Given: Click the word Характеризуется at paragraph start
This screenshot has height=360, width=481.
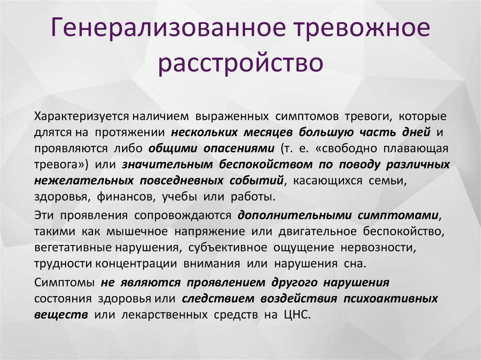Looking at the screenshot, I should click(81, 115).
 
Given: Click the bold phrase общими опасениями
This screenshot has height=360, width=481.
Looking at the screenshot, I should click(211, 148).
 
